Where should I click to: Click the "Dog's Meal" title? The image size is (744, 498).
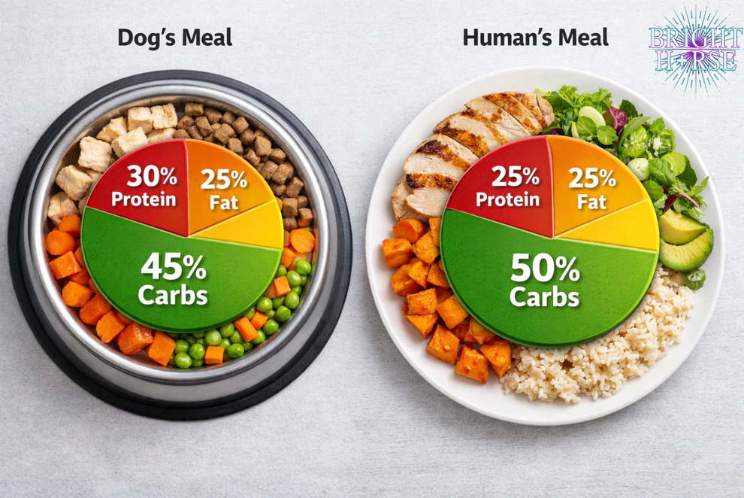(x=174, y=37)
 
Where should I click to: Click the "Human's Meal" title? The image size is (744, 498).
(x=535, y=37)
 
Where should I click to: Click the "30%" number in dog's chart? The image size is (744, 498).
(x=151, y=177)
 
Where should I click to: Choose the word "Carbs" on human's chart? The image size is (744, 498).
(x=544, y=296)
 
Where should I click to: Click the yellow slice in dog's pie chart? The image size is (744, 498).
(x=248, y=226)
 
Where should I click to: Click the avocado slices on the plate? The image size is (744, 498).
(x=685, y=241)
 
